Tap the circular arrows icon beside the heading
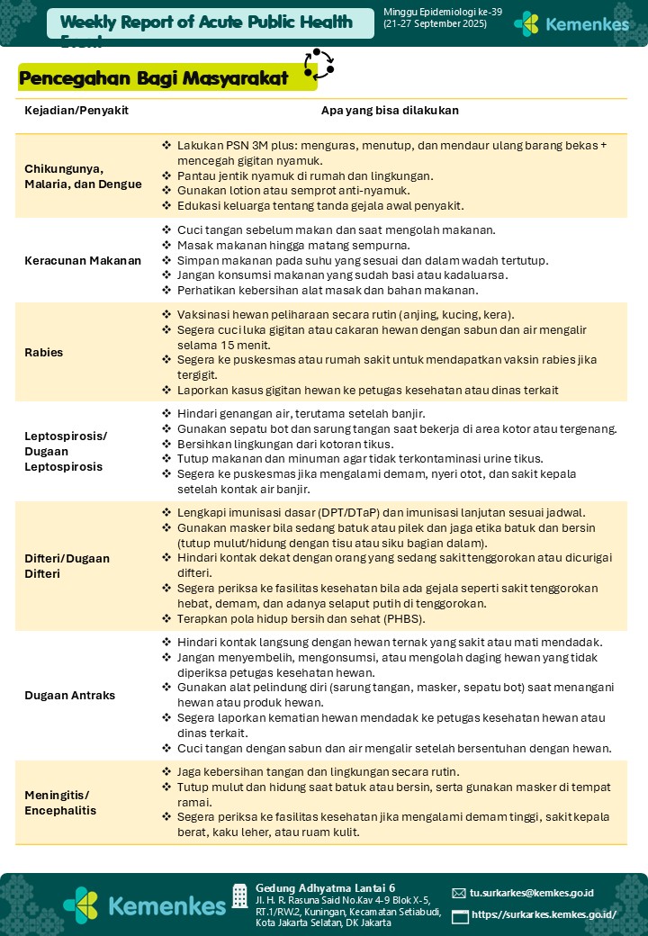[319, 64]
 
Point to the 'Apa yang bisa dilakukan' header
[390, 111]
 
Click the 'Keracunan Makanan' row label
[83, 261]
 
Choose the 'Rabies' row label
[44, 352]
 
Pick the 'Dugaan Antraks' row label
[70, 696]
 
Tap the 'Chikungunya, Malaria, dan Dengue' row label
[83, 176]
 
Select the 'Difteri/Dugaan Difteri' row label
[67, 565]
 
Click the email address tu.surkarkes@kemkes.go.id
[531, 893]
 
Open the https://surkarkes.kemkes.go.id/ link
[544, 914]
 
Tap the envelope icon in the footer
[459, 893]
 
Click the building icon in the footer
[239, 895]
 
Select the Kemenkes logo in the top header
[571, 23]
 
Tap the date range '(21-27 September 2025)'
[435, 24]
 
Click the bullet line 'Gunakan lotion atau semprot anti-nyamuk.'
[293, 191]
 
